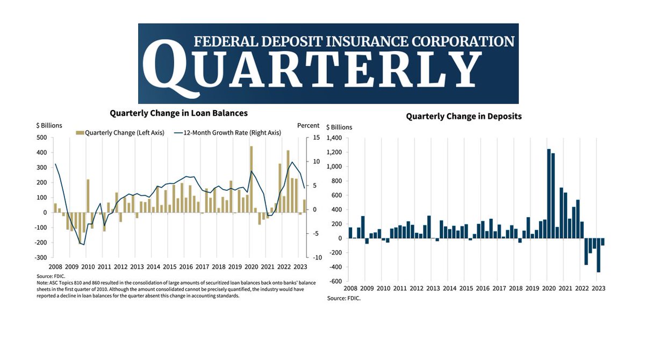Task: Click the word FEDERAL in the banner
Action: (221, 41)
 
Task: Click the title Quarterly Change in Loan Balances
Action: (178, 113)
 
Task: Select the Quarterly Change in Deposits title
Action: (463, 116)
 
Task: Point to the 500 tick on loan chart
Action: (42, 138)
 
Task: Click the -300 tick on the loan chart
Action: (40, 258)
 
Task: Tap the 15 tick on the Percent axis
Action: (316, 138)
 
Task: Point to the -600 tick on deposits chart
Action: (336, 282)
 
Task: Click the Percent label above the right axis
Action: (308, 126)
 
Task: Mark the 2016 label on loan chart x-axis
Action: (186, 267)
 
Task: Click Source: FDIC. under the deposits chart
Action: (344, 297)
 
